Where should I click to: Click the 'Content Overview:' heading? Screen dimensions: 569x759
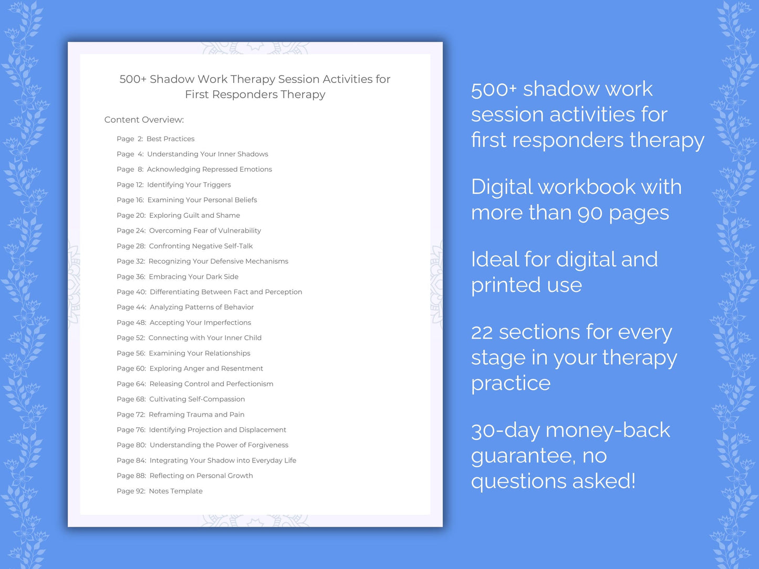[x=144, y=120]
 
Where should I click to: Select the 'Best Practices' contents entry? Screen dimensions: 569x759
[x=170, y=139]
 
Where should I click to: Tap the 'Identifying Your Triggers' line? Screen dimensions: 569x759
[x=189, y=185]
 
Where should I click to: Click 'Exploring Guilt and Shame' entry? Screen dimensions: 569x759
[x=194, y=215]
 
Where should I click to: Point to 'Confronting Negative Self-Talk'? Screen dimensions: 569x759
[x=201, y=246]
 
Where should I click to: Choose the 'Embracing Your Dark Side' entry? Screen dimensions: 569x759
[x=193, y=277]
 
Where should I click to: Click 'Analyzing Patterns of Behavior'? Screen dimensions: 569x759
[x=202, y=307]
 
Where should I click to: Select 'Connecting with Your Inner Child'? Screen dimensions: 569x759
[x=205, y=338]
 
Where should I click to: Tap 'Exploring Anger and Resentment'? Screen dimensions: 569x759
[x=206, y=368]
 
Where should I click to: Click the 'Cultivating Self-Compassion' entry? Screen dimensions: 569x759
[x=197, y=399]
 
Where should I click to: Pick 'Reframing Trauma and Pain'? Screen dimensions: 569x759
[x=196, y=415]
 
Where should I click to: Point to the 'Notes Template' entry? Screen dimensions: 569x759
[x=175, y=491]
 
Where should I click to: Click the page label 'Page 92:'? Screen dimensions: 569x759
[x=131, y=491]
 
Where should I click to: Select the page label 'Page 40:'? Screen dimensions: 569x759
[x=131, y=292]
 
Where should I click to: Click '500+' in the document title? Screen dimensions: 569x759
[x=133, y=79]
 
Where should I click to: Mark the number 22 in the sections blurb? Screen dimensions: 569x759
[x=482, y=332]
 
